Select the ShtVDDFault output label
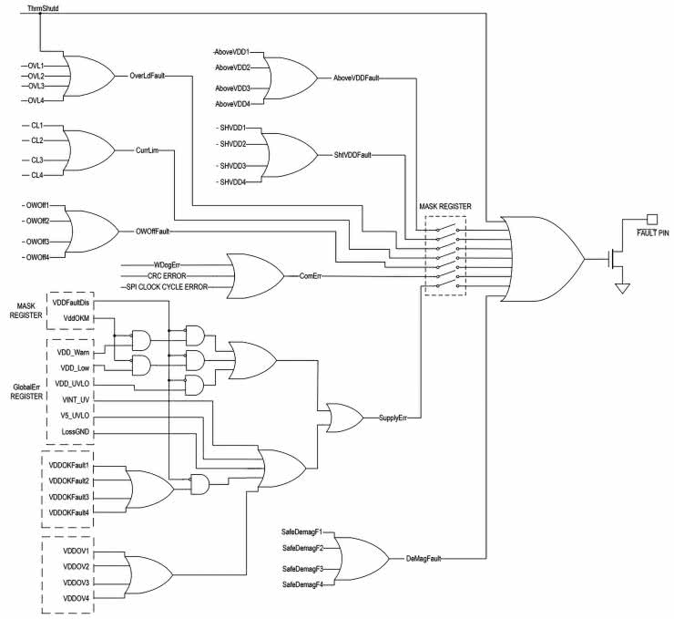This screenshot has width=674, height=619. tap(352, 155)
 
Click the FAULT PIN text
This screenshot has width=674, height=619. tap(648, 233)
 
